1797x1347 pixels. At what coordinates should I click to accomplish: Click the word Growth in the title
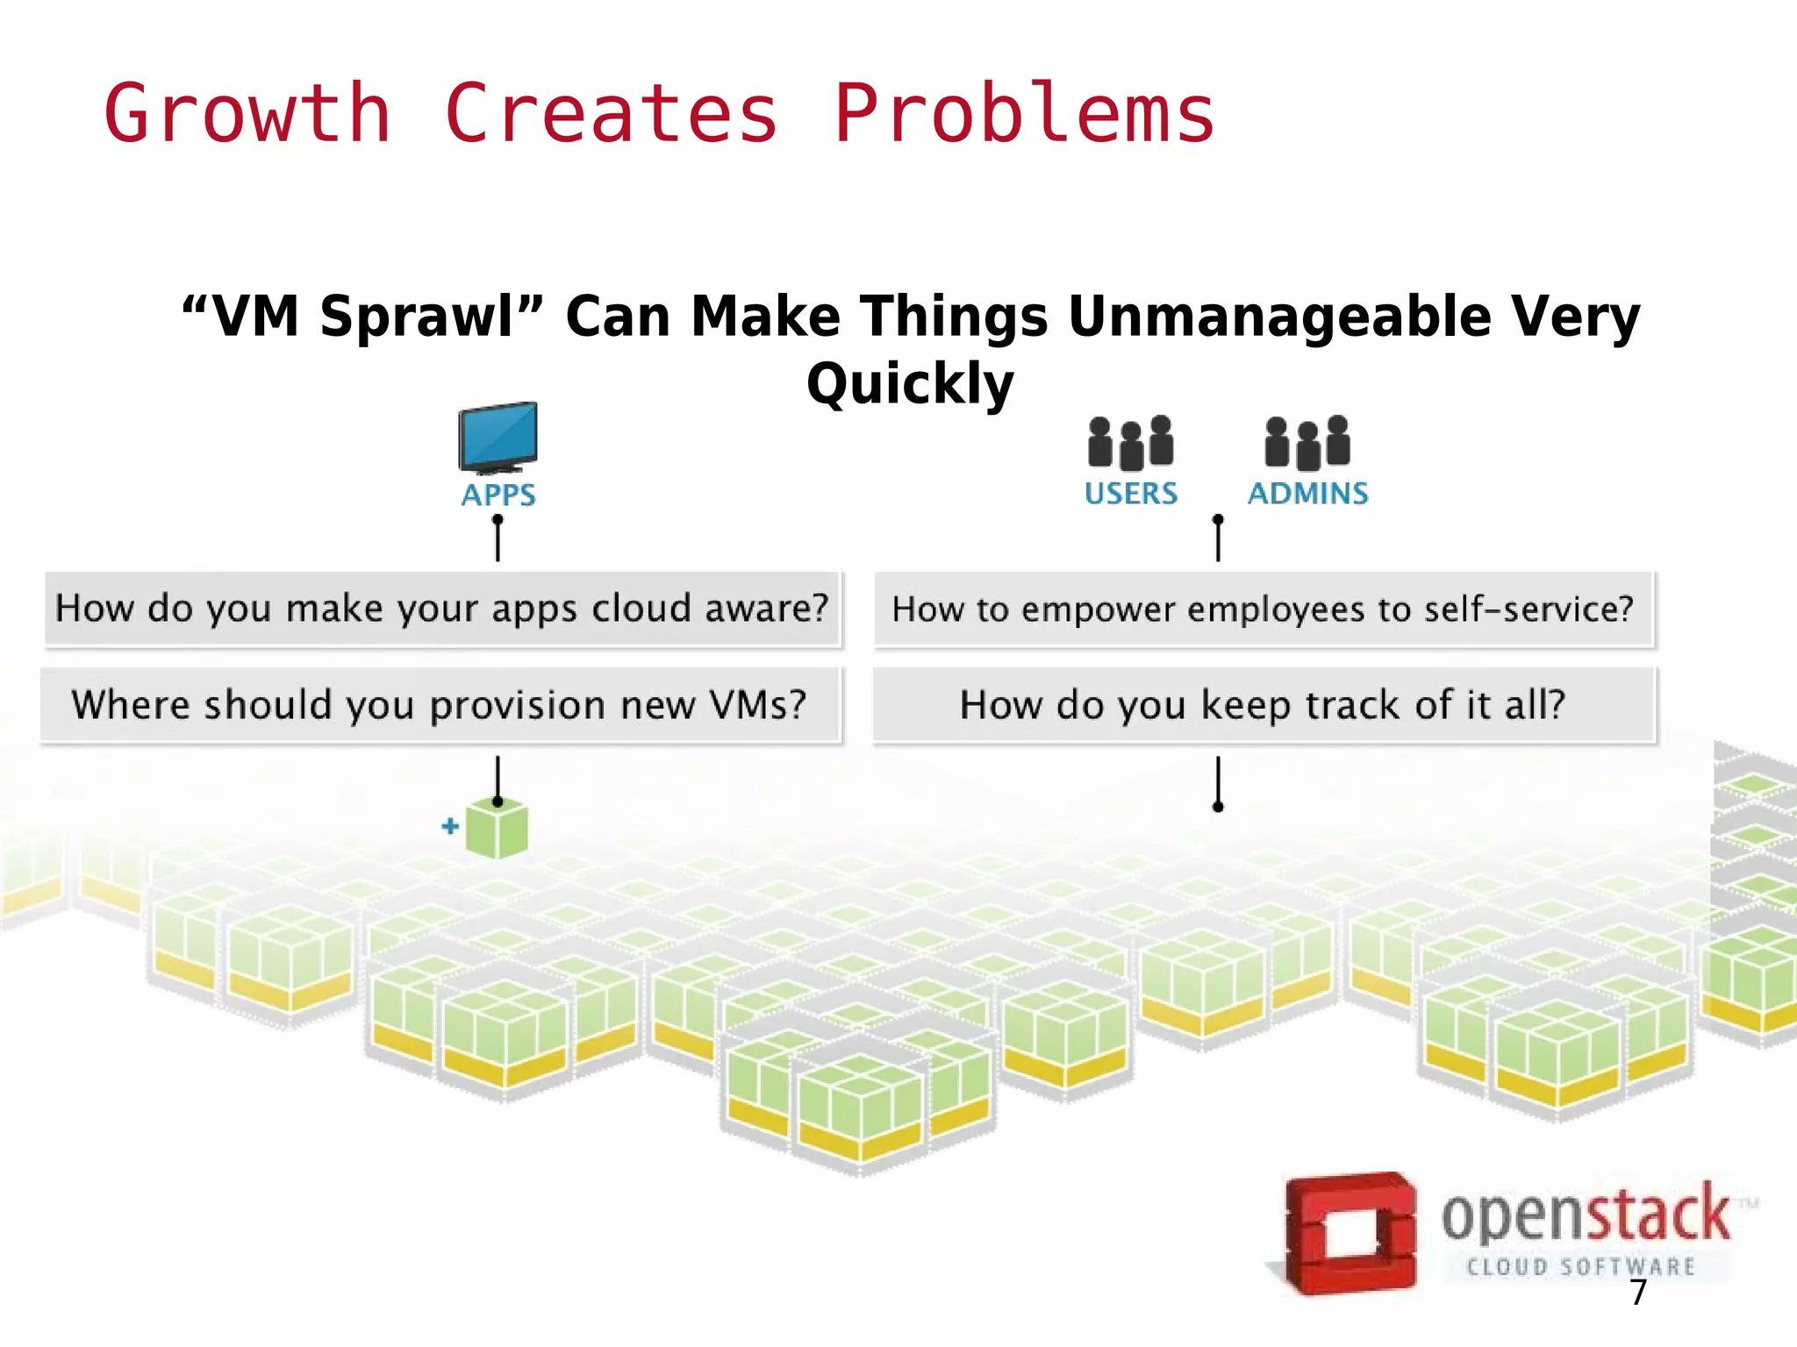point(247,114)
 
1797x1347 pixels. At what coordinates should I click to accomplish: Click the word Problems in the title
point(1024,114)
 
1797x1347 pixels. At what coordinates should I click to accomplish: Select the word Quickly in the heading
point(910,383)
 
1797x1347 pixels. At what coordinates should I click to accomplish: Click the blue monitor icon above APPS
point(498,436)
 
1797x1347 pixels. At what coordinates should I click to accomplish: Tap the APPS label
point(498,495)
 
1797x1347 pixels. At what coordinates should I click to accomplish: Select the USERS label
point(1131,494)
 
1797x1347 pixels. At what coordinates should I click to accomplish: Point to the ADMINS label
point(1307,494)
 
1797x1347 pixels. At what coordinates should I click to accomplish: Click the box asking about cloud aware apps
point(442,609)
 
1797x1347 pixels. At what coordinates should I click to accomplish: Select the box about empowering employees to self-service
point(1263,609)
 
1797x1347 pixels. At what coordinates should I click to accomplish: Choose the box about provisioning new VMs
point(440,705)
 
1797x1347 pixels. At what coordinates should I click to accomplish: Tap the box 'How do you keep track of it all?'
point(1263,705)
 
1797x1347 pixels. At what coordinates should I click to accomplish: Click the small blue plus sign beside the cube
point(450,826)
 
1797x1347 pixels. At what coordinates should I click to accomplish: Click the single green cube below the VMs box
point(498,830)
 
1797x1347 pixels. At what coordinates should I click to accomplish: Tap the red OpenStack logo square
point(1350,1232)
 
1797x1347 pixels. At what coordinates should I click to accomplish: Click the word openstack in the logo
point(1585,1215)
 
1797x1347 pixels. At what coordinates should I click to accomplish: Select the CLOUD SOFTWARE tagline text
point(1580,1266)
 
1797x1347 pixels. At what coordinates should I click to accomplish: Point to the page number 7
point(1637,1293)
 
